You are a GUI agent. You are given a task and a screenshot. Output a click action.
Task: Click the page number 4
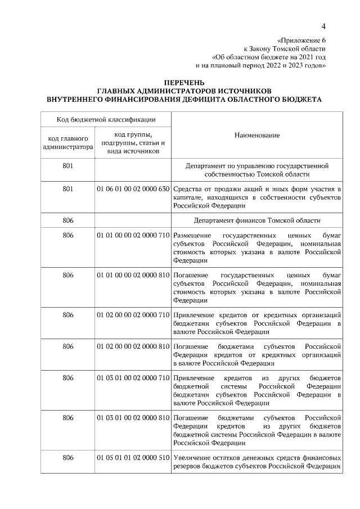pyautogui.click(x=323, y=26)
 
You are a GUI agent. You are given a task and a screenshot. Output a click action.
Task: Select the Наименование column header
pyautogui.click(x=257, y=135)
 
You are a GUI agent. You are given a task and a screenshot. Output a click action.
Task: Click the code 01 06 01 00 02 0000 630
pyautogui.click(x=133, y=189)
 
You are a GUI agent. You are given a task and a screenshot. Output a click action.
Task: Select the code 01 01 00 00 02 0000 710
pyautogui.click(x=133, y=235)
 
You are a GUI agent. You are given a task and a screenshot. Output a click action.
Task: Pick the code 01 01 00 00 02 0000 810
pyautogui.click(x=133, y=275)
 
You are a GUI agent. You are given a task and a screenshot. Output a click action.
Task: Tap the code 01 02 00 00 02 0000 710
pyautogui.click(x=133, y=315)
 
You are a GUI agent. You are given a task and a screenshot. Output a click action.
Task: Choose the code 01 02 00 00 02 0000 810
pyautogui.click(x=133, y=346)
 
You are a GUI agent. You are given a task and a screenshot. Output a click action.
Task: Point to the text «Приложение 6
pyautogui.click(x=301, y=40)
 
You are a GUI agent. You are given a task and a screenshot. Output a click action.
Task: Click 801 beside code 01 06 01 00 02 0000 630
pyautogui.click(x=68, y=189)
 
